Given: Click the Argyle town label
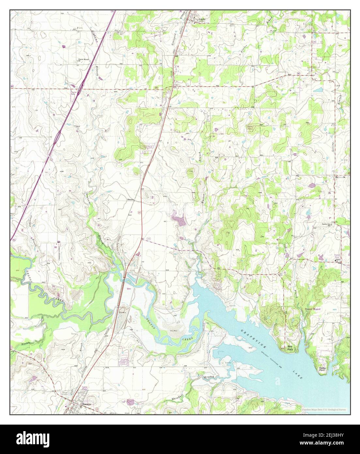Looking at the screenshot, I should pos(202,19).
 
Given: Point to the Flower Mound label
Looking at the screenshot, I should pos(313,309).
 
